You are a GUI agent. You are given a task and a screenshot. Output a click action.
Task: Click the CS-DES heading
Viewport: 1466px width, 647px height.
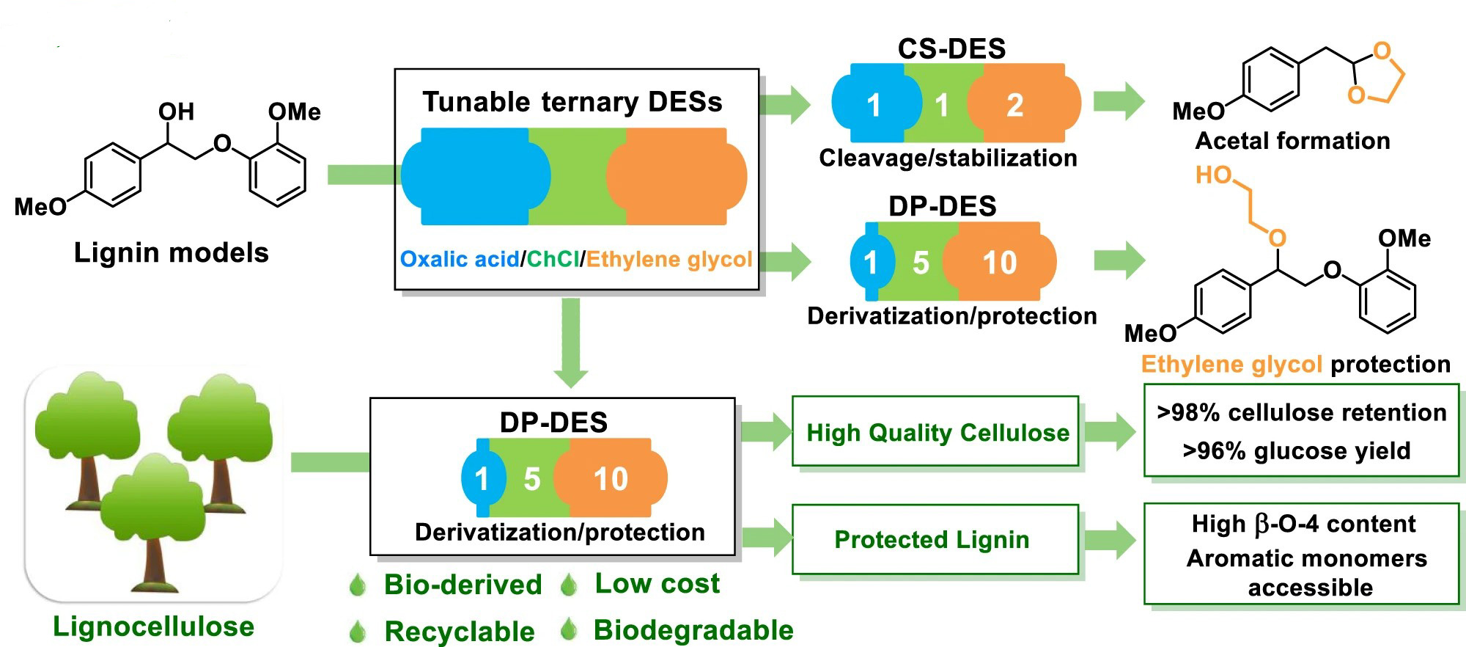click(951, 48)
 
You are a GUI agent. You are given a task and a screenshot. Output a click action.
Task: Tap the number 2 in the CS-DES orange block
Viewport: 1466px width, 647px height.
click(1014, 105)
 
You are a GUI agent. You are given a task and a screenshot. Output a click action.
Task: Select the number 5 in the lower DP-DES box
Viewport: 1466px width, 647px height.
click(532, 479)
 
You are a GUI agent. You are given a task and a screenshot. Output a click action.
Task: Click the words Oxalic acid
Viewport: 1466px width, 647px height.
click(459, 260)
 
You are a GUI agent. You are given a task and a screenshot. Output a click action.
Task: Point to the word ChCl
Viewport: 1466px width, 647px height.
click(553, 260)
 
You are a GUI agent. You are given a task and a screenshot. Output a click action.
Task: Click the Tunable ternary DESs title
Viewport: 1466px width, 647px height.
click(572, 102)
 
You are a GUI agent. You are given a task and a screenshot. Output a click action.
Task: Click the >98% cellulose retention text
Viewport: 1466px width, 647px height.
click(1302, 413)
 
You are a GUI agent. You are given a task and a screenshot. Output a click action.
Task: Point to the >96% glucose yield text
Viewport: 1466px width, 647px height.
click(1297, 450)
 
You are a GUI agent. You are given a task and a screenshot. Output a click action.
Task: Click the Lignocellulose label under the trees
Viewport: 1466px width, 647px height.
click(153, 626)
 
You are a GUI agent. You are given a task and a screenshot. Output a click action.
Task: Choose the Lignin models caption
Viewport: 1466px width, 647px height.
click(172, 253)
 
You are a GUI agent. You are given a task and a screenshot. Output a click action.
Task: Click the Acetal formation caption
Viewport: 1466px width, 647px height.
click(1292, 141)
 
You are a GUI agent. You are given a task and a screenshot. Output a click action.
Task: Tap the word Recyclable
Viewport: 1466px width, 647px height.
click(460, 632)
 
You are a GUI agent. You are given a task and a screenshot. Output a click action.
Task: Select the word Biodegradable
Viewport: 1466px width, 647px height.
click(693, 630)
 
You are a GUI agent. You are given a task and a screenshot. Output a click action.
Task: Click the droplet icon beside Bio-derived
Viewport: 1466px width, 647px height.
click(358, 585)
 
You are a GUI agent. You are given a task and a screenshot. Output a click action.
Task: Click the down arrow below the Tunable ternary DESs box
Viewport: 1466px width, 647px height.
click(571, 343)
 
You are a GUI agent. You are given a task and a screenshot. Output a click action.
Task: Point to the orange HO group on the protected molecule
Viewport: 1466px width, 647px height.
click(1213, 175)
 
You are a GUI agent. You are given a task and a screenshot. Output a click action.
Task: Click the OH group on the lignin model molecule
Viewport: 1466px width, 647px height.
click(177, 112)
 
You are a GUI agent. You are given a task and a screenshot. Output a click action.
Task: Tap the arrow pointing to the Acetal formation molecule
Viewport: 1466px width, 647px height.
click(1119, 101)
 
